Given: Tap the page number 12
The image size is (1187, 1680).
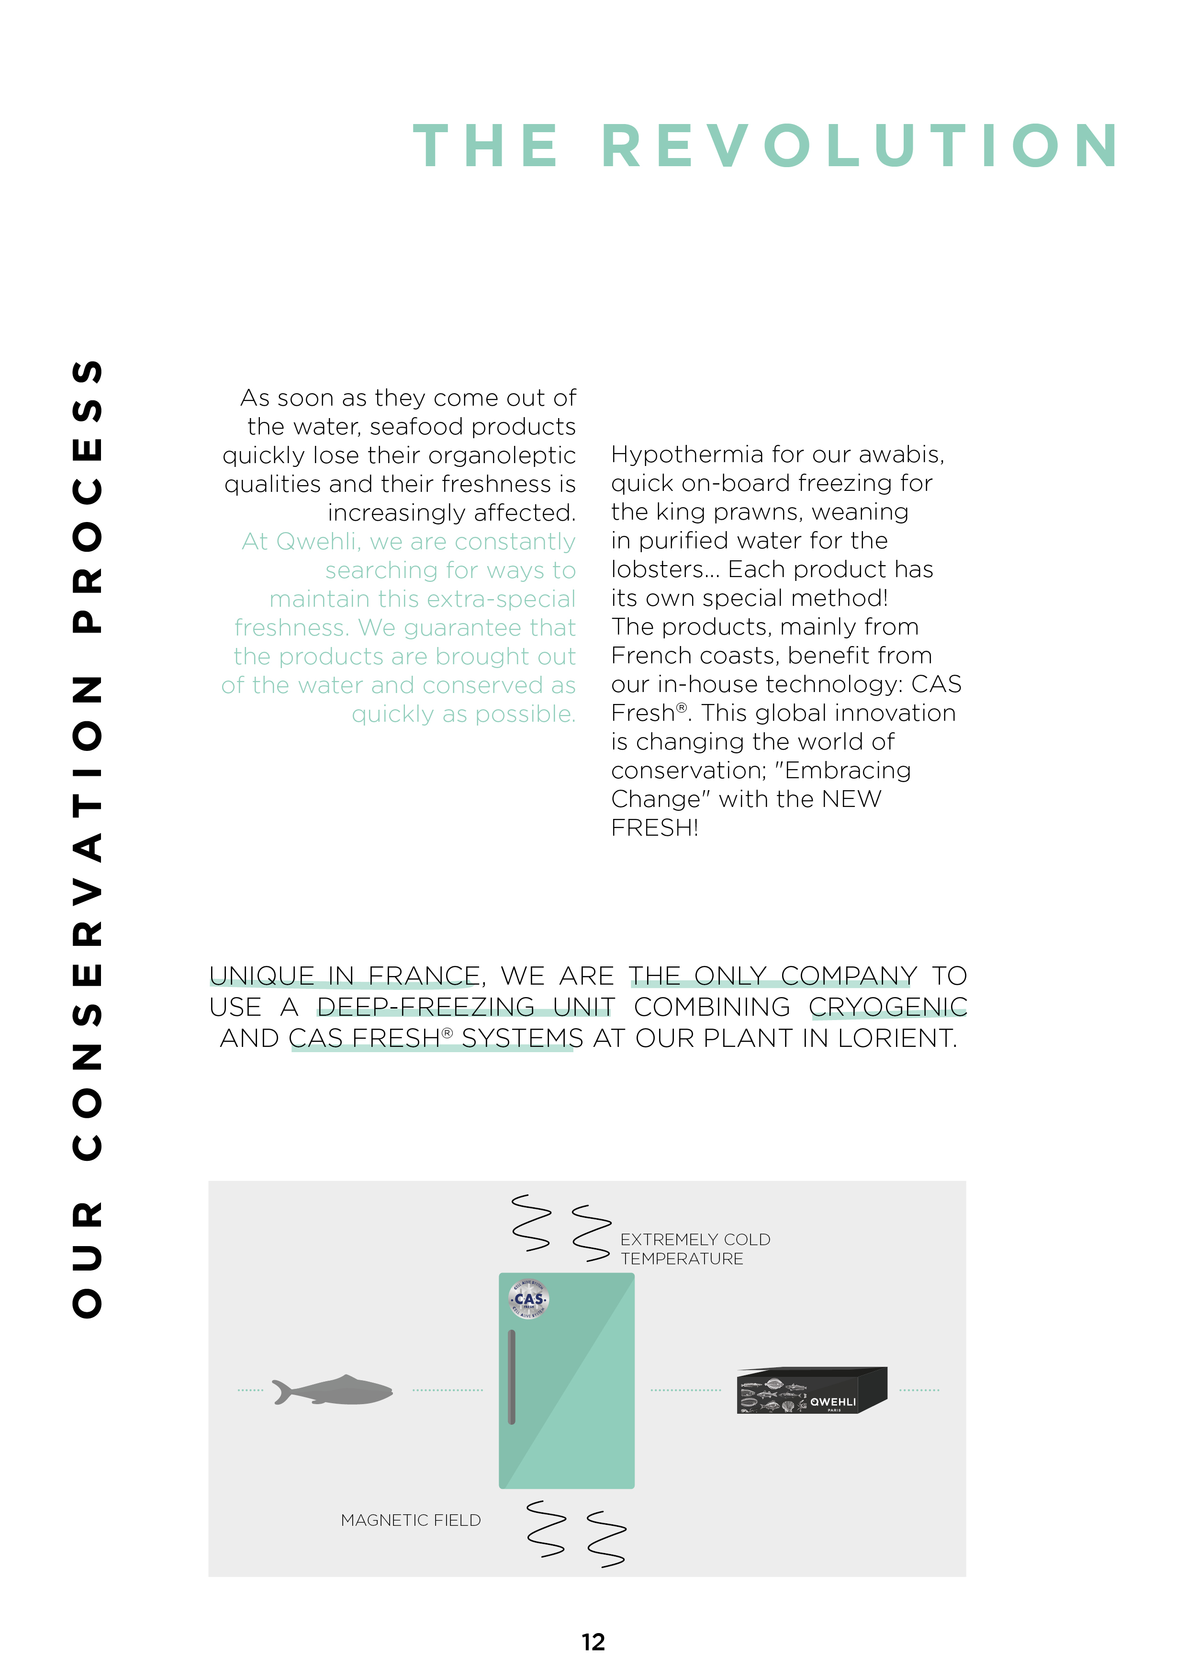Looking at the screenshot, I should point(593,1642).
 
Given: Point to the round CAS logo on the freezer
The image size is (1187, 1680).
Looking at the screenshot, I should point(528,1300).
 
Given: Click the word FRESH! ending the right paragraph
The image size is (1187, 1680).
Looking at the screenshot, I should point(655,828).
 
